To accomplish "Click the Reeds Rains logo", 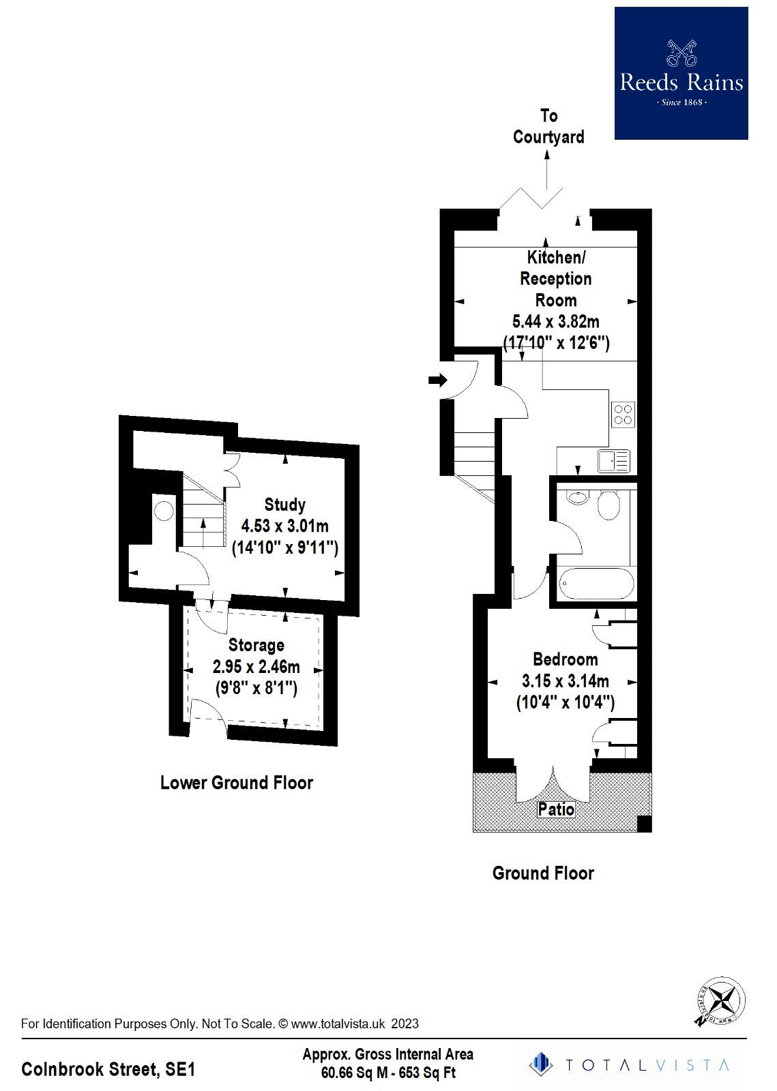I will (681, 74).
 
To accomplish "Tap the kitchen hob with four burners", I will (623, 414).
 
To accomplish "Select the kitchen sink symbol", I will (614, 461).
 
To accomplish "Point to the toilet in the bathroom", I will (608, 505).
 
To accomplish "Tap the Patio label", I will (556, 809).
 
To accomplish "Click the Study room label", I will (284, 505).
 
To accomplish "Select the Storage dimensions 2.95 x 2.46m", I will (256, 666).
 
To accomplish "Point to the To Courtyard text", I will (548, 126).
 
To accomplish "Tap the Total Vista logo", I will (628, 1064).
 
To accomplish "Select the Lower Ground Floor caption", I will (236, 782).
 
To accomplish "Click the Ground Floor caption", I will (543, 873).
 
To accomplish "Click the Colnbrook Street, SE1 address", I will (108, 1068).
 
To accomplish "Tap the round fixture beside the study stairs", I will (163, 511).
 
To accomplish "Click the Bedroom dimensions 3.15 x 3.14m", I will (565, 681).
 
